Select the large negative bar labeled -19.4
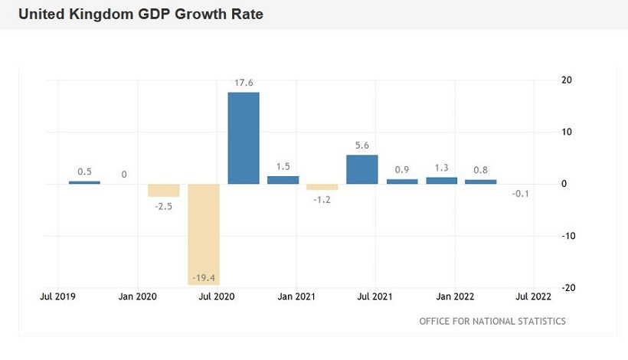(204, 234)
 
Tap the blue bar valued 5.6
(362, 169)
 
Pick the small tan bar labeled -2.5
(164, 191)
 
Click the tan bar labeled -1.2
(322, 187)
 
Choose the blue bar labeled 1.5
(283, 180)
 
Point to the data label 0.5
(84, 172)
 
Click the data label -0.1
(521, 194)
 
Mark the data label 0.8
(481, 172)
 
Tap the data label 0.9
(402, 170)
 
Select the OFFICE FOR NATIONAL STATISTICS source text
(492, 321)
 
